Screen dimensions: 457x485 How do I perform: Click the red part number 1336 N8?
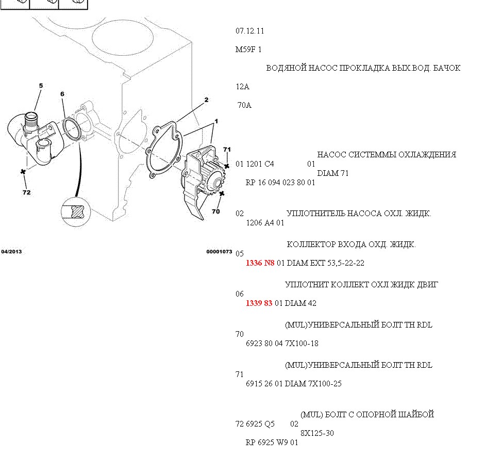[260, 263]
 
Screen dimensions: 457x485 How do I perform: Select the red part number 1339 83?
[259, 303]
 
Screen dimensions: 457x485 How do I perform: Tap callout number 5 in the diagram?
[41, 86]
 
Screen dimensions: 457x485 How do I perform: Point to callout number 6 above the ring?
[62, 94]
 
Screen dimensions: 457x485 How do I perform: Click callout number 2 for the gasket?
[206, 100]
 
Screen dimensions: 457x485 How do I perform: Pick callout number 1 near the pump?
[216, 121]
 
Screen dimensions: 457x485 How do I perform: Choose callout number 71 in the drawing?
[227, 150]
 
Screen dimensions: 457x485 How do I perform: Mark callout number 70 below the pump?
[215, 211]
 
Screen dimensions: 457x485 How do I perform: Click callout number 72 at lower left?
[27, 192]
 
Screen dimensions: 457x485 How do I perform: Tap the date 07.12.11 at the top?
[250, 31]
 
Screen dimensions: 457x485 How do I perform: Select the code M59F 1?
[249, 50]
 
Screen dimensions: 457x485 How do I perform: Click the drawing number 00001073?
[219, 252]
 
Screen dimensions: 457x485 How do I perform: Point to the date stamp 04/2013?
[11, 252]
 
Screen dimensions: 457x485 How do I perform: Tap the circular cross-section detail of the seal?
[76, 211]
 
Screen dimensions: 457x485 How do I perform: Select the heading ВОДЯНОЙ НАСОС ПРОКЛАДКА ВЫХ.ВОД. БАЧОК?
[363, 68]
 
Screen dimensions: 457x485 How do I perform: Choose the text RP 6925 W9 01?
[272, 442]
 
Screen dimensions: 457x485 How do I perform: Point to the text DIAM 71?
[333, 173]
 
